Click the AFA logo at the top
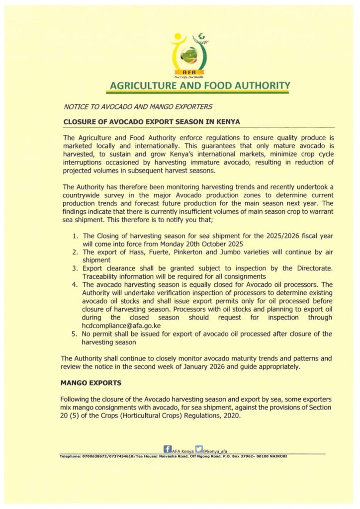pos(188,56)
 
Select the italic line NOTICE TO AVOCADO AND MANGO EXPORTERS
pos(138,106)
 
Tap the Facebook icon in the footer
pos(167,449)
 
